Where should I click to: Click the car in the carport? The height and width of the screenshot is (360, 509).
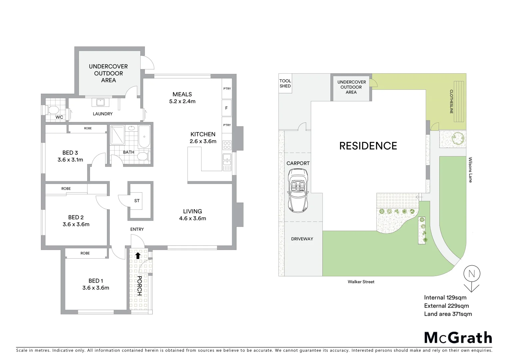coord(298,190)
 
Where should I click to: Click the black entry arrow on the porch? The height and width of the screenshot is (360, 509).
coord(138,256)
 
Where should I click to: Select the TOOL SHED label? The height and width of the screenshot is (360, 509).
coord(285,83)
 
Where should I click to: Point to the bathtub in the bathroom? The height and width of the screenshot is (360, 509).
coord(144,137)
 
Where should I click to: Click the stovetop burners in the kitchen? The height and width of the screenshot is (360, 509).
coord(227,145)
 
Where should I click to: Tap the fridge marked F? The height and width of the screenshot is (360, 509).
coord(227,108)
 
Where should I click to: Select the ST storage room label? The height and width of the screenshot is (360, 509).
coord(137,201)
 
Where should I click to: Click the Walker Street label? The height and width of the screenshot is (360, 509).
coord(361,282)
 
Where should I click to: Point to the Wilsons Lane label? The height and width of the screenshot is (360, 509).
coord(470,170)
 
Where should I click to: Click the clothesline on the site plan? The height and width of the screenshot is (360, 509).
coord(456,102)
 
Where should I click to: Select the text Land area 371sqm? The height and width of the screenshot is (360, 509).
coord(448,314)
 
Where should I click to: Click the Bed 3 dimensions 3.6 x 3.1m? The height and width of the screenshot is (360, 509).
coord(70,160)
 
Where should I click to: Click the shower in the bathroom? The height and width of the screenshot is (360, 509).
coord(117,135)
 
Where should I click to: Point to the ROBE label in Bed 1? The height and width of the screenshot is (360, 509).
coord(85,253)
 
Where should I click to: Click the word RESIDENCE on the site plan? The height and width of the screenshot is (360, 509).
coord(368,146)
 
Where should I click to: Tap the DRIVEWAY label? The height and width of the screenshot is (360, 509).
coord(302,239)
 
